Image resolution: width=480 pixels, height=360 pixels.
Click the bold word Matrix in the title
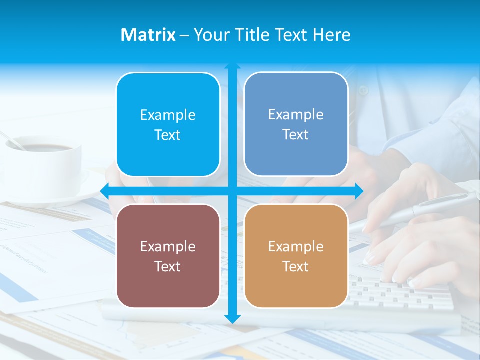(x=148, y=35)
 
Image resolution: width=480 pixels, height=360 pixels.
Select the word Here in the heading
(x=331, y=35)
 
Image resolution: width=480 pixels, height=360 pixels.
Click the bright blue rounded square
(x=168, y=124)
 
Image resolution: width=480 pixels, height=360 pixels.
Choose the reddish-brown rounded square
(x=168, y=256)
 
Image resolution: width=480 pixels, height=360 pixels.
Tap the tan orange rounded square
(x=296, y=256)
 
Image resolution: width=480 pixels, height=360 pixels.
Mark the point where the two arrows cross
(x=232, y=191)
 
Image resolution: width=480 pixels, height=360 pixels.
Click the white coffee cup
(x=45, y=165)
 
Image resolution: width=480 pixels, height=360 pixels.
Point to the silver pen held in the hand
(x=425, y=207)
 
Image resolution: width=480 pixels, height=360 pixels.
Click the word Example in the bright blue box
(x=168, y=115)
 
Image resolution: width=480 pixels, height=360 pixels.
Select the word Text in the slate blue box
(x=296, y=134)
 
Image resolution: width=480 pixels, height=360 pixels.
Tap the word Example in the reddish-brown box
(x=168, y=246)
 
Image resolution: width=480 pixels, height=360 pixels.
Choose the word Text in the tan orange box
(x=296, y=266)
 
